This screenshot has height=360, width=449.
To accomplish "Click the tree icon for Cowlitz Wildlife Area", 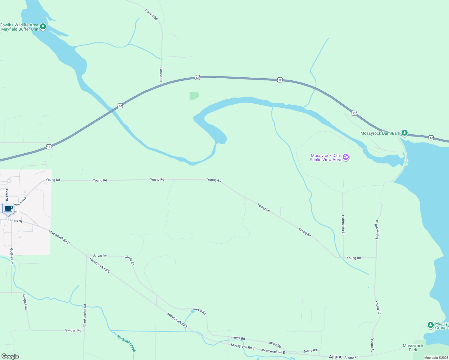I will tap(43, 27).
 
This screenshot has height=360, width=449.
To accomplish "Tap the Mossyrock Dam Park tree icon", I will tap(405, 133).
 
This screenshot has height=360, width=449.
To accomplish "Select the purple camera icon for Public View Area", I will tap(346, 157).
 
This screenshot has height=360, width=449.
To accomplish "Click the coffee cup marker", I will tap(8, 209).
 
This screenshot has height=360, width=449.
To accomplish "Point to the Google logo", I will tap(10, 356).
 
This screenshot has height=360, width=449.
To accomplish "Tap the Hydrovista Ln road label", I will tap(343, 225).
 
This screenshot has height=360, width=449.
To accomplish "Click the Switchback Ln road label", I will tap(377, 230).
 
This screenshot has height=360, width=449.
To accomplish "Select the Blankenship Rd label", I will tap(85, 315).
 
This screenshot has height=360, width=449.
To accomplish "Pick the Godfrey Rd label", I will tap(12, 256).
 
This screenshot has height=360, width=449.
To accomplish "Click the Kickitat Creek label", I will tap(126, 343).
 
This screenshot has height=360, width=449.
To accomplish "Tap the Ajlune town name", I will tap(336, 357).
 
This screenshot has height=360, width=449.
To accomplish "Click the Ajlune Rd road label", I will tap(351, 358).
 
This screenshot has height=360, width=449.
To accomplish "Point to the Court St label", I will tap(7, 195).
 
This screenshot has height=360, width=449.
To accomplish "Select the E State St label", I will tap(15, 220).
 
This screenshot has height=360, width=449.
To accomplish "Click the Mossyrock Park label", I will tap(413, 348).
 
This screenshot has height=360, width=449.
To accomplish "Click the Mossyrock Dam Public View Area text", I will tap(326, 157).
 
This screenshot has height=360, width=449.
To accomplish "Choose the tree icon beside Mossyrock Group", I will tap(430, 325).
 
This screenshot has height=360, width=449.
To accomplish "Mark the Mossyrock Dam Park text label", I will tap(380, 133).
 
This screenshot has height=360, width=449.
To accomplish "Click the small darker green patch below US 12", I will tap(194, 95).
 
